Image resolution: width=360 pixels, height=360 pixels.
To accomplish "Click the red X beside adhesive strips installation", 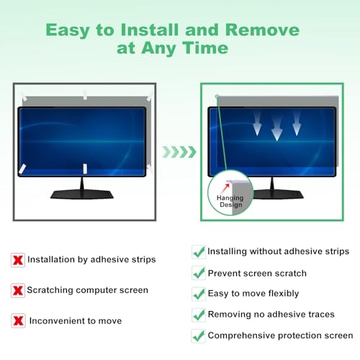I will (17, 259).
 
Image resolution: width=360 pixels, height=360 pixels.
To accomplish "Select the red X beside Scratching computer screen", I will (17, 290).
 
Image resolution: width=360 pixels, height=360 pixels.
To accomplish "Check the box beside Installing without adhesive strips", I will (198, 252).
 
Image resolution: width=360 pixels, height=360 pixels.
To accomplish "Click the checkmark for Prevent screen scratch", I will (198, 274).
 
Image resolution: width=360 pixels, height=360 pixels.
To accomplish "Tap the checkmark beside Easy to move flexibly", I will (198, 294).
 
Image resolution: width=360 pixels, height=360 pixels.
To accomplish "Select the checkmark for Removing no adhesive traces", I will (198, 315).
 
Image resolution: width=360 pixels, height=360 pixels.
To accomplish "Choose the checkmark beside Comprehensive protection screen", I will (198, 336).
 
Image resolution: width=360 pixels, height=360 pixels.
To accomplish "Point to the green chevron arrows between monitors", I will (178, 152).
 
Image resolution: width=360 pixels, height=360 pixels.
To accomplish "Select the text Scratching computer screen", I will (87, 290).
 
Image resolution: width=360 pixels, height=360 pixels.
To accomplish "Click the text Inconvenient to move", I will (76, 321).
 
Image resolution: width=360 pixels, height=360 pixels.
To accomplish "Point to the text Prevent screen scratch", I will (257, 274).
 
